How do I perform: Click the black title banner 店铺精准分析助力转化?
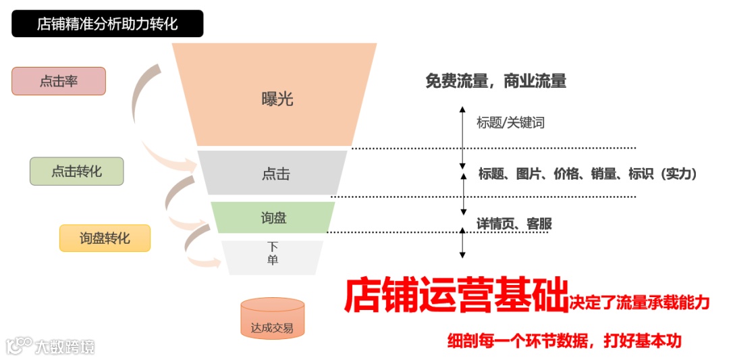coord(107,24)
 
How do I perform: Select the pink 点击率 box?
coord(59,81)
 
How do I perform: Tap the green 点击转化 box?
coord(76,172)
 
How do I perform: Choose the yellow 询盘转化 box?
coord(105,238)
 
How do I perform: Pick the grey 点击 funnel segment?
coord(275,174)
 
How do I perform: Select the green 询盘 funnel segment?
coord(273,217)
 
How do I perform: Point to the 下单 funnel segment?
coord(273,255)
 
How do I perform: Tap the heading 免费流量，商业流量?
coord(495,82)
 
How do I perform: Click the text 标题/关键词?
coord(510,123)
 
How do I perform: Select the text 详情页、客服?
coord(514,224)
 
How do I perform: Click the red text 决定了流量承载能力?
coord(639,302)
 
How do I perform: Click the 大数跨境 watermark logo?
coord(50,346)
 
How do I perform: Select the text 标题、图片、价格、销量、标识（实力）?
coord(587,174)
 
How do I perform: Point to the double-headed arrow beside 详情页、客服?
coord(462,242)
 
